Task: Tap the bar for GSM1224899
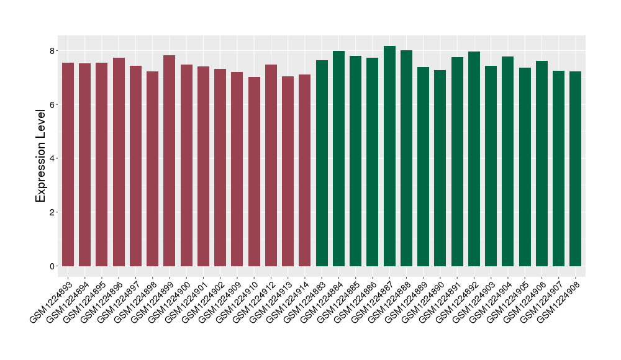tap(170, 161)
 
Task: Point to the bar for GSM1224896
tap(119, 162)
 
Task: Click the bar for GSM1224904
tap(508, 161)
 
